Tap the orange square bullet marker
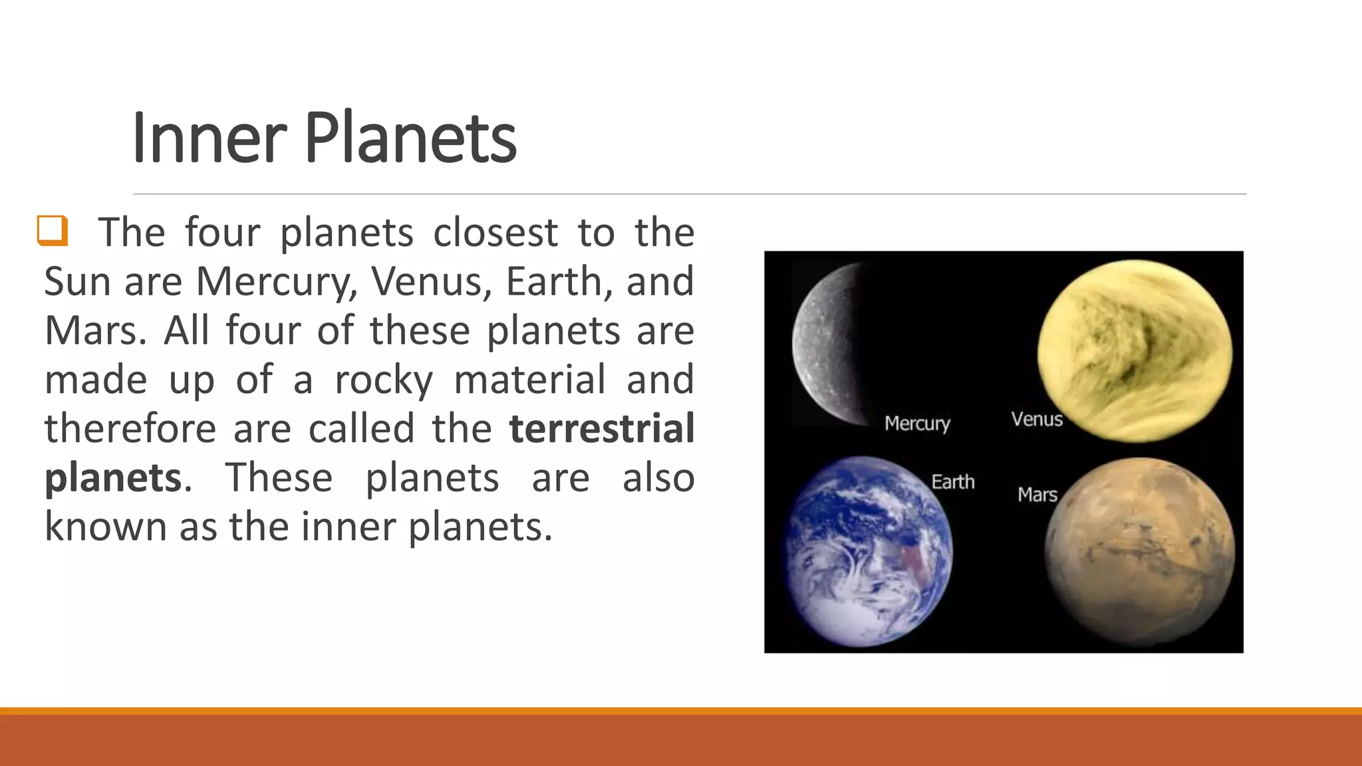(x=53, y=231)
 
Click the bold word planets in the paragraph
(x=113, y=478)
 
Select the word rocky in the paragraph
(x=384, y=380)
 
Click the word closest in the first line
(x=495, y=233)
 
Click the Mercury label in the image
(x=917, y=424)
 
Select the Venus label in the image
(x=1037, y=419)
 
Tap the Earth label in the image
(x=952, y=481)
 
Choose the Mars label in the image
(x=1037, y=495)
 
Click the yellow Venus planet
(x=1135, y=350)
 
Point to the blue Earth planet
(x=869, y=552)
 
